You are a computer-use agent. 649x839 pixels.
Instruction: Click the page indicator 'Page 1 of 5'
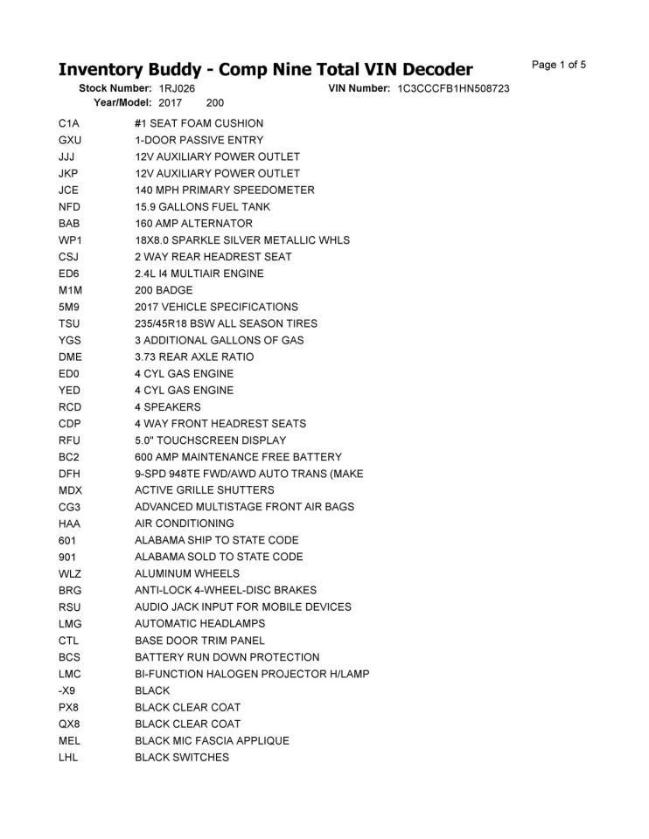coord(558,65)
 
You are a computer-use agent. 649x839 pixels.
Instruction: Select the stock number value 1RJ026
coord(177,89)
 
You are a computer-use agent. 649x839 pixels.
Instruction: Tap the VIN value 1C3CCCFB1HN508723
coord(453,89)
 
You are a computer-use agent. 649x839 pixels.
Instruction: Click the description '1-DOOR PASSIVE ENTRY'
coord(199,140)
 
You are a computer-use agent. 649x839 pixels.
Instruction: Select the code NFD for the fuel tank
coord(69,207)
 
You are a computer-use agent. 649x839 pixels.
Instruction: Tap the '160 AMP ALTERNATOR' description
coord(193,224)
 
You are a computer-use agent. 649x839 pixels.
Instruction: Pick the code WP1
coord(70,240)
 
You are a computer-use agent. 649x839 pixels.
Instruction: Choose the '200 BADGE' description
coord(164,290)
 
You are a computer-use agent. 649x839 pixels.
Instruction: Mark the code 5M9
coord(69,307)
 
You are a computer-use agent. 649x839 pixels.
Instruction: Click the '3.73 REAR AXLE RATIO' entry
coord(194,357)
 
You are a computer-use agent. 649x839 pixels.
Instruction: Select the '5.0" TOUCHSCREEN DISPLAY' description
coord(210,440)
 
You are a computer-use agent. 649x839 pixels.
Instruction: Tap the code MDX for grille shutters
coord(70,490)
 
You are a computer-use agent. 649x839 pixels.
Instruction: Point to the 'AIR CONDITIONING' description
coord(184,524)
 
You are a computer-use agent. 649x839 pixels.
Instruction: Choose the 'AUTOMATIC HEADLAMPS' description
coord(199,623)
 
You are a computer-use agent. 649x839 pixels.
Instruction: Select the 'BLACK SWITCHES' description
coord(182,757)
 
